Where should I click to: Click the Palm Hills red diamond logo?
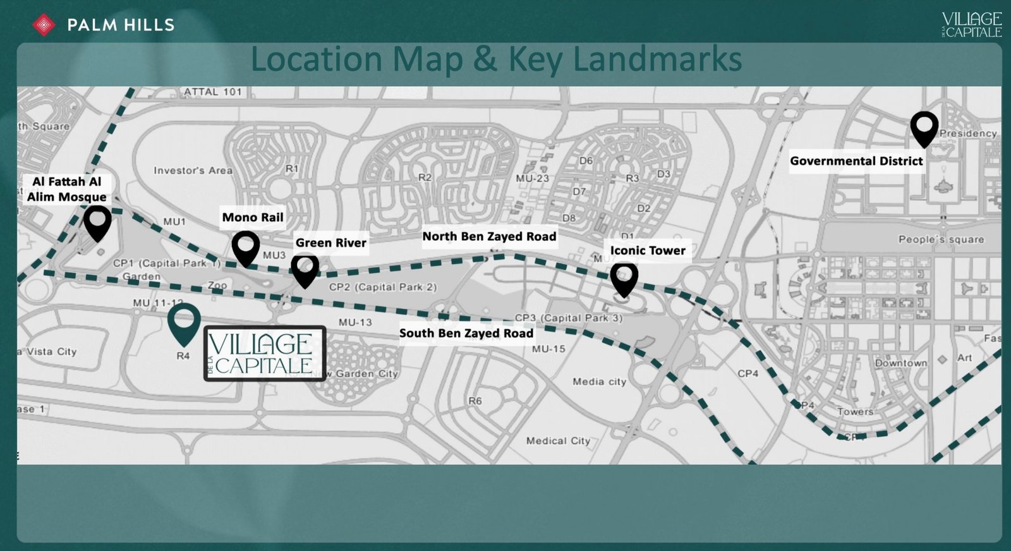pos(44,25)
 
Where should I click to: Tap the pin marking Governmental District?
pos(924,128)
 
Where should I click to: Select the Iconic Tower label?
pos(648,250)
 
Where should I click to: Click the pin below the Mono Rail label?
pos(246,247)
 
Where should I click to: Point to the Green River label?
pos(330,243)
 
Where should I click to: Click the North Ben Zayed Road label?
pos(489,236)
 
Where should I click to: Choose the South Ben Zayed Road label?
pos(466,333)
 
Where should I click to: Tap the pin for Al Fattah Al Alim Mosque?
pos(97,222)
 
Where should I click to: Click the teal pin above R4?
pos(184,322)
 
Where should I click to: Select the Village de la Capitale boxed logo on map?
pos(265,353)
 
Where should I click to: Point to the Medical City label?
pos(558,440)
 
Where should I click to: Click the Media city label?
pos(599,382)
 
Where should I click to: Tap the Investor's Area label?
pos(193,171)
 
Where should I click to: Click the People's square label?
pos(941,239)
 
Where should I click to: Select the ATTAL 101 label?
pos(213,92)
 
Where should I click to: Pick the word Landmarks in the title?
pos(657,60)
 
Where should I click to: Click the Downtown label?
pos(900,363)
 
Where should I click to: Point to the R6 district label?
pos(475,401)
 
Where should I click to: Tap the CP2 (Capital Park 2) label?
pos(383,287)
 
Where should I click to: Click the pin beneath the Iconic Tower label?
pos(624,279)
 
